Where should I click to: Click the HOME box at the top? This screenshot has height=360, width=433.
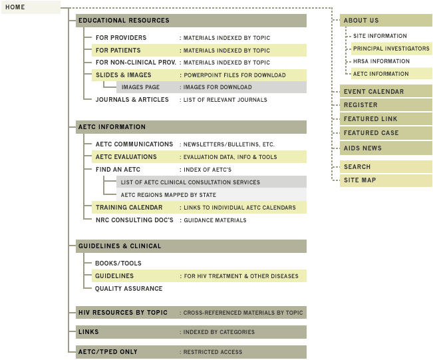[31, 7]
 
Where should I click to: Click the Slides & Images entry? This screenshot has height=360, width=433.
[123, 75]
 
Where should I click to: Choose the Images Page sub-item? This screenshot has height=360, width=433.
[140, 87]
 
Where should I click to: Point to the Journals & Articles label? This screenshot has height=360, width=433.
[127, 100]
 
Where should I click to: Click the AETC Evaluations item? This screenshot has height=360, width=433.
[126, 157]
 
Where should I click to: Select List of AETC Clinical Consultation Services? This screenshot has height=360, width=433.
[190, 182]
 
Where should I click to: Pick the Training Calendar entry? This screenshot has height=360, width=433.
[128, 208]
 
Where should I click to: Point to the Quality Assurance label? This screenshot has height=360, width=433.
[128, 289]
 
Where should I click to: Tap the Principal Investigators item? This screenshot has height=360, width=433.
[391, 49]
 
